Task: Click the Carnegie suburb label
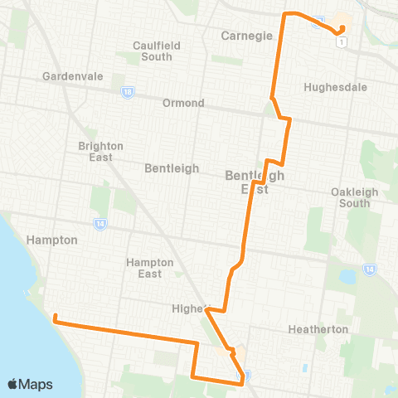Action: [x=241, y=36]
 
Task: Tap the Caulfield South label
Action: [x=153, y=51]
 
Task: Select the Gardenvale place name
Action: [x=72, y=76]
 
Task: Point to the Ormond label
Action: [x=184, y=103]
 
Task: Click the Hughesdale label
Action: [x=331, y=86]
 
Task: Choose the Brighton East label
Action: [x=100, y=152]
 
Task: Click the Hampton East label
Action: [x=149, y=268]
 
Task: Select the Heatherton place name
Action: [x=318, y=329]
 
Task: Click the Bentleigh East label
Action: [x=255, y=182]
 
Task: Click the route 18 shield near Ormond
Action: [x=127, y=92]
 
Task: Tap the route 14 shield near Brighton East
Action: [x=100, y=223]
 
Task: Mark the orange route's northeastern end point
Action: [x=341, y=32]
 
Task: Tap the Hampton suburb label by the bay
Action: [x=53, y=240]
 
